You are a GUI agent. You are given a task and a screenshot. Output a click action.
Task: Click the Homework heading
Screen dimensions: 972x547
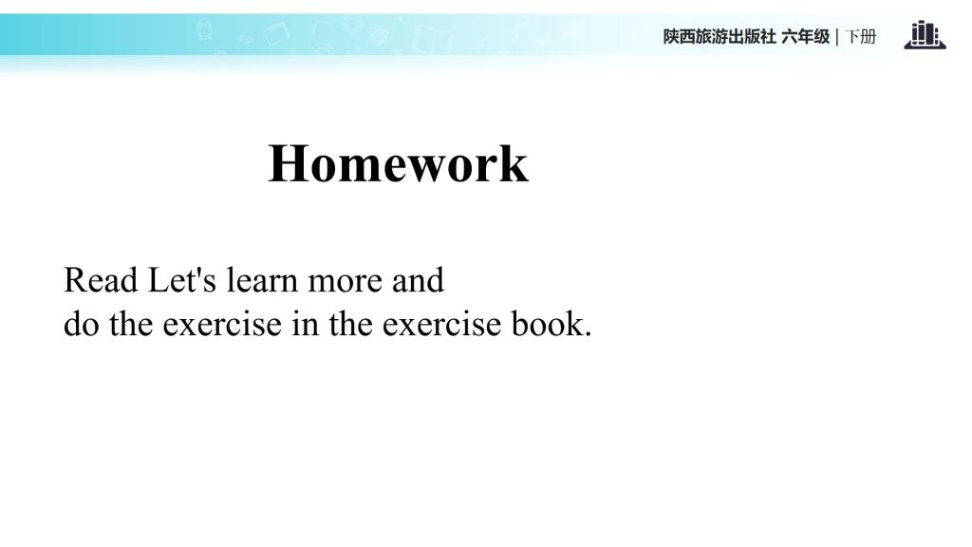pos(398,163)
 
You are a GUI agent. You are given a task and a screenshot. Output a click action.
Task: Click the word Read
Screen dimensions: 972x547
pos(101,280)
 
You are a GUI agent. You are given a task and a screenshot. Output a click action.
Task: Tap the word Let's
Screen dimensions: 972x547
pos(182,280)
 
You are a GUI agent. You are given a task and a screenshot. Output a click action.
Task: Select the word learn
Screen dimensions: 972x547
pos(262,280)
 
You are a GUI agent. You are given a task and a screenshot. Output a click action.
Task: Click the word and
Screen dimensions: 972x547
pos(418,280)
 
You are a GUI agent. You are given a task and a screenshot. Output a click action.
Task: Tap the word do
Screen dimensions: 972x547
pos(82,324)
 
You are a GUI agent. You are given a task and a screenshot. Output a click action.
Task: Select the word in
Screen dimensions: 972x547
pos(305,324)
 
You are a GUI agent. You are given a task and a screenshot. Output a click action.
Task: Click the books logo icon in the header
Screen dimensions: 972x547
pos(925,35)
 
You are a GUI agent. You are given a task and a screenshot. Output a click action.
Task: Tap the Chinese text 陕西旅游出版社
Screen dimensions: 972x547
pos(720,37)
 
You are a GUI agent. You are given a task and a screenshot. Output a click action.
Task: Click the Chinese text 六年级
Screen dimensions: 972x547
pos(805,37)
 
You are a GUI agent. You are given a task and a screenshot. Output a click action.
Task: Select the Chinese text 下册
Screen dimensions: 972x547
pos(860,37)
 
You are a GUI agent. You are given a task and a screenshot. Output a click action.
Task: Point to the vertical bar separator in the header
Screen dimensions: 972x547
pos(837,37)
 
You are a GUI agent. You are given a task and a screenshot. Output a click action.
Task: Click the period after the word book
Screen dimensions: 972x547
pos(588,334)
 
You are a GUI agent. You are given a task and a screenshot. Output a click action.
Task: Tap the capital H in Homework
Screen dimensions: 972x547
pos(285,163)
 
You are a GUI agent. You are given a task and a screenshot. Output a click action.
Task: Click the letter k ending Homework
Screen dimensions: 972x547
pos(513,163)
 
